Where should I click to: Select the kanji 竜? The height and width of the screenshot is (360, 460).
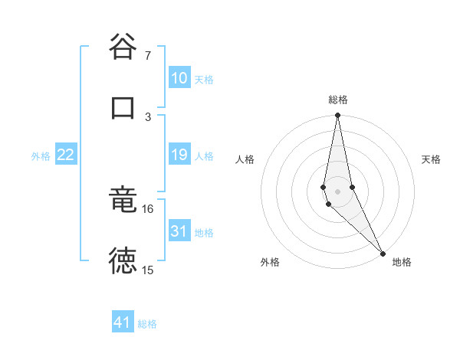(x=123, y=200)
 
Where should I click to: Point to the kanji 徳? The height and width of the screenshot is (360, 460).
(x=123, y=261)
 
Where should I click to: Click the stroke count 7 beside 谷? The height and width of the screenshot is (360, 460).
(x=148, y=56)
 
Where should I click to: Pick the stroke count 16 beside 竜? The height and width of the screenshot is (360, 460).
(x=148, y=208)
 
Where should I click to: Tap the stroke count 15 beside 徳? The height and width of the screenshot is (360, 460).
(x=148, y=270)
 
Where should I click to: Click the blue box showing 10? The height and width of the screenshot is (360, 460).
(x=179, y=78)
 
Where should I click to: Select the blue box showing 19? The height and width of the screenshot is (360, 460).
(x=179, y=155)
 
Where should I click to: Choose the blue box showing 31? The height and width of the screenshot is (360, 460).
(x=179, y=231)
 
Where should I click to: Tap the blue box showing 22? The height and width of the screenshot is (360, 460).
(x=66, y=155)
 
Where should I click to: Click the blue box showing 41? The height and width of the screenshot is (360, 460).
(x=123, y=322)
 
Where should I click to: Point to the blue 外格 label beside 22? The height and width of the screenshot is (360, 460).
(x=41, y=156)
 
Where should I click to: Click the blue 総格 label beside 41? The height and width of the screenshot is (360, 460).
(x=147, y=324)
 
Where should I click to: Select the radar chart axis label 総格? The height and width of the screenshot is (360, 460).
(x=338, y=100)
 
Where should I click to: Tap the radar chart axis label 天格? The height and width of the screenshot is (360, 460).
(x=432, y=159)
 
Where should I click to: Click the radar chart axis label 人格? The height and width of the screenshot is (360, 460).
(x=245, y=159)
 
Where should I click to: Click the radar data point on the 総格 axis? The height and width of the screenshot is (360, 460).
(x=338, y=116)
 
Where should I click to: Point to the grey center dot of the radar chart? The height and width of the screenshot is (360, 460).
(x=338, y=191)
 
